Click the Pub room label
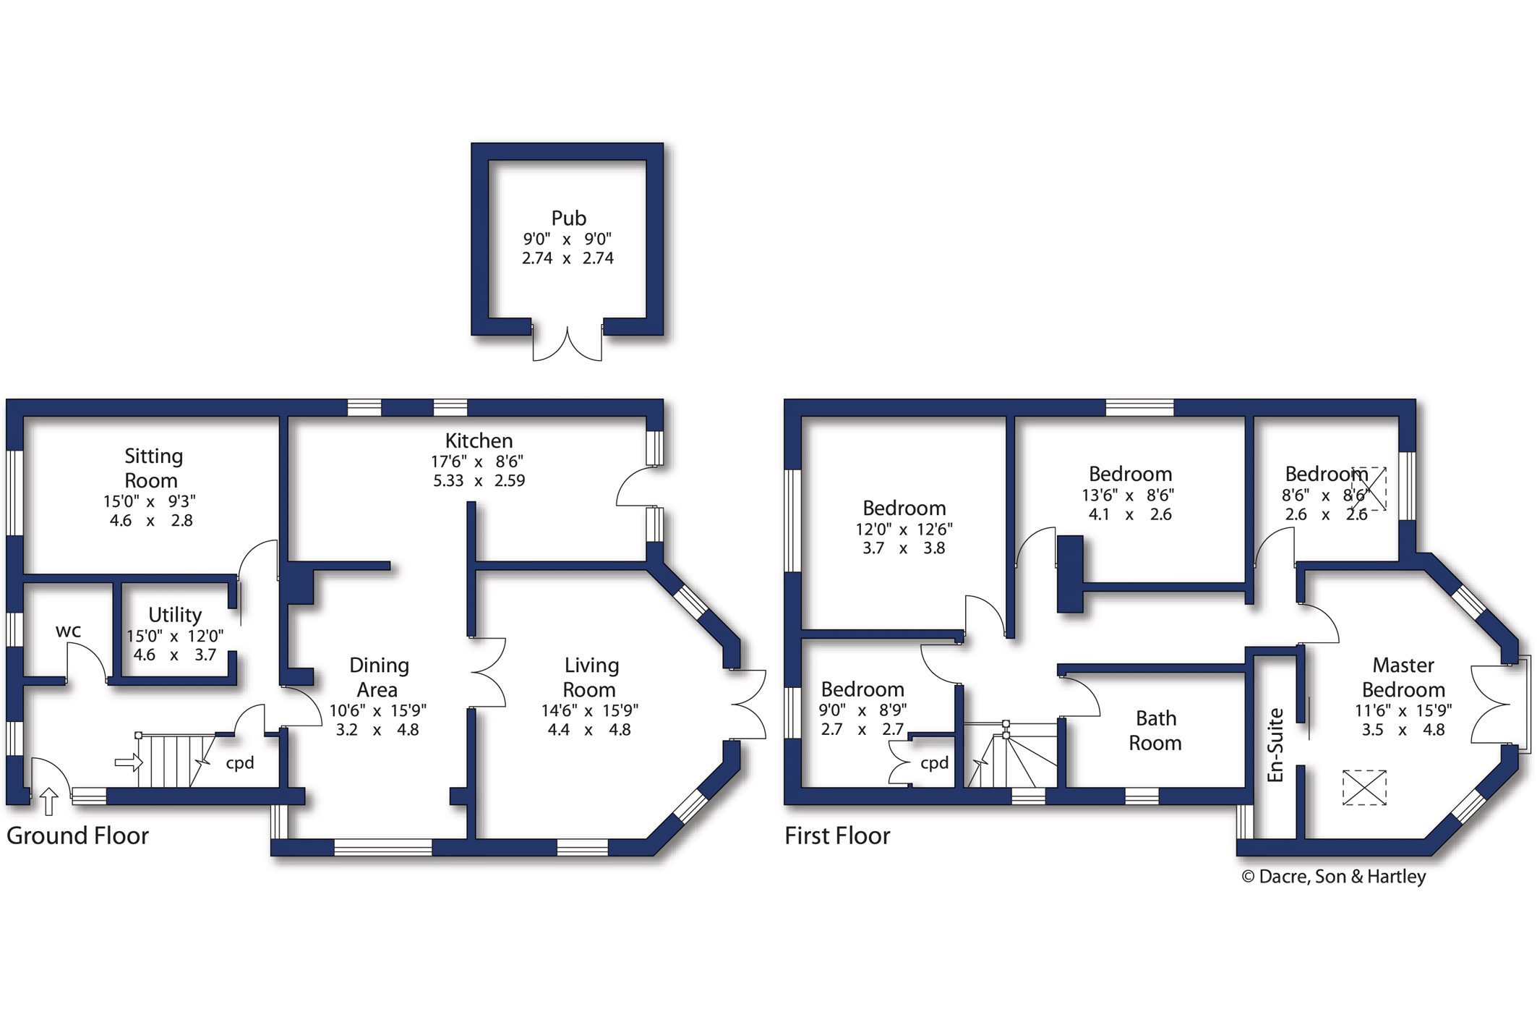568,218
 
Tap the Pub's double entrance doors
568,346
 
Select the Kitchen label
479,441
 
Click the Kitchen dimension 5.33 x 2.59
479,480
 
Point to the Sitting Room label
153,468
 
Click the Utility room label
175,615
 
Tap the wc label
68,631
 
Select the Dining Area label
378,677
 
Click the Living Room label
591,677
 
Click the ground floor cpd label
240,763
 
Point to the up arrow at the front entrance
48,801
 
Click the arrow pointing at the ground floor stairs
129,762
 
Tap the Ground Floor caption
77,835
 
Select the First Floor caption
837,835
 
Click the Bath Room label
1155,731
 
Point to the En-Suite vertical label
1276,745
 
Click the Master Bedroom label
1403,677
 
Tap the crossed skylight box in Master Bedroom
1364,787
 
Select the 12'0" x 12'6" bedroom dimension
904,529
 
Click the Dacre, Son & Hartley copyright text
1334,877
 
